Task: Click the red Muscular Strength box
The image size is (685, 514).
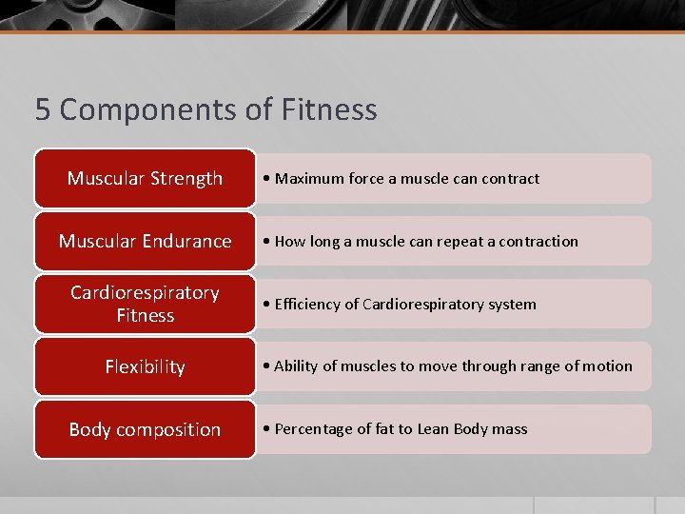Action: [145, 178]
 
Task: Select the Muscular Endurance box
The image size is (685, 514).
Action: [145, 241]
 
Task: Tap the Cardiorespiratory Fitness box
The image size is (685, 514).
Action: [145, 304]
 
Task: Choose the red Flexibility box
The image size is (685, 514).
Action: [145, 366]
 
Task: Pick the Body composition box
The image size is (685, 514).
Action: [145, 429]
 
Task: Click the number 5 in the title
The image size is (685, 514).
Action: [43, 110]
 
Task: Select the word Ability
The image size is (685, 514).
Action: [296, 366]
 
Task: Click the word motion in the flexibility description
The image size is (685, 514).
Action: [608, 366]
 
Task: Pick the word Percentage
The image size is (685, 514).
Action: [313, 429]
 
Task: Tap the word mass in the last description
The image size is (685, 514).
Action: [510, 429]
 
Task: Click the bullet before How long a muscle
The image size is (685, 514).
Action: [268, 242]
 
